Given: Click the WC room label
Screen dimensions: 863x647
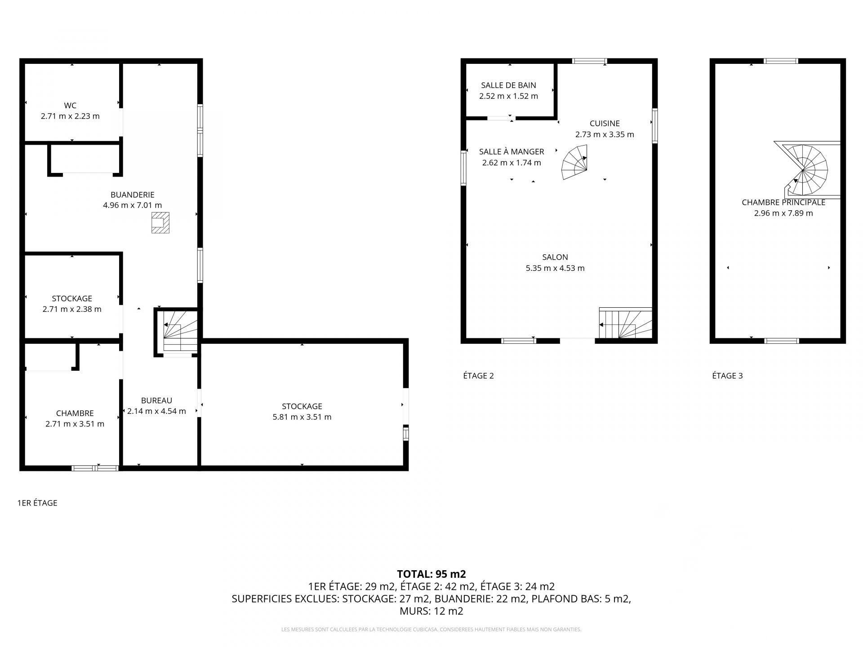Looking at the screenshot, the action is click(70, 106).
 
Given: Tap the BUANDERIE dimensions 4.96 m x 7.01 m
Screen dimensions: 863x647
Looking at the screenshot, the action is click(132, 205).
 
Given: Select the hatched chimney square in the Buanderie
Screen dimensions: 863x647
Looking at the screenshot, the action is click(160, 223).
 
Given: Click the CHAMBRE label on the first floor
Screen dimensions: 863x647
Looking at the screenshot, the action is click(75, 413).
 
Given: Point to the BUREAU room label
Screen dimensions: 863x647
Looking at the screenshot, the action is click(156, 400).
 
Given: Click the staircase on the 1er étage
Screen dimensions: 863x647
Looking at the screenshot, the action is click(180, 331).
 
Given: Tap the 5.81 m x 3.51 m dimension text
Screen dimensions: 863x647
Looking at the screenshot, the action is click(302, 417).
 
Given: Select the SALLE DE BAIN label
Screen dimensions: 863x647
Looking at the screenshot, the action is click(508, 85).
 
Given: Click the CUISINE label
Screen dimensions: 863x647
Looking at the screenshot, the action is click(605, 124).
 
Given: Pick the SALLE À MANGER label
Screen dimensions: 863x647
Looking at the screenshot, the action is click(512, 151).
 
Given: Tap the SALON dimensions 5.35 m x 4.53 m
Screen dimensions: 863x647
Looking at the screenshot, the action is click(555, 268).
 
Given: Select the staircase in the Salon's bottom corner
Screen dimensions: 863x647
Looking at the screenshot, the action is click(626, 323).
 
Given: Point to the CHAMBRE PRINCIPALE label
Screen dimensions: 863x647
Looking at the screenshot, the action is click(783, 203).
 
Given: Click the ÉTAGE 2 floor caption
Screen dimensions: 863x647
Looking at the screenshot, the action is click(478, 376).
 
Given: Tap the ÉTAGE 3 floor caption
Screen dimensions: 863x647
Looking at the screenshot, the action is click(727, 376).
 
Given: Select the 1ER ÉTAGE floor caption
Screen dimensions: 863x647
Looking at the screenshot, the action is click(37, 503).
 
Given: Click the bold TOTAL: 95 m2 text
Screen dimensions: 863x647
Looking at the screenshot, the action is click(431, 574).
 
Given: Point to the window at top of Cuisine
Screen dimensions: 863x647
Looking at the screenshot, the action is click(589, 61).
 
